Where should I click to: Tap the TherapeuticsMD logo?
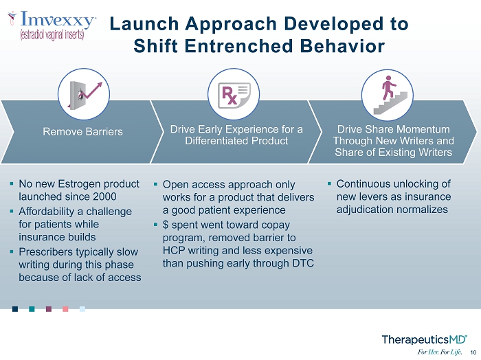(x=424, y=340)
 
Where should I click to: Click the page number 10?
(x=473, y=352)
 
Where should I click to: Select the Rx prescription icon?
(x=234, y=95)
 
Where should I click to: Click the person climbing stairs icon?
(x=388, y=95)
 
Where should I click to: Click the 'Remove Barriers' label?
(x=83, y=131)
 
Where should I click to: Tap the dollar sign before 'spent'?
(x=166, y=225)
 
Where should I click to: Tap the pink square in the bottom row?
(x=65, y=308)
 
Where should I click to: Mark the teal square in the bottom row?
(x=32, y=308)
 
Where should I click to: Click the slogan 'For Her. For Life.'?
(x=440, y=352)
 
